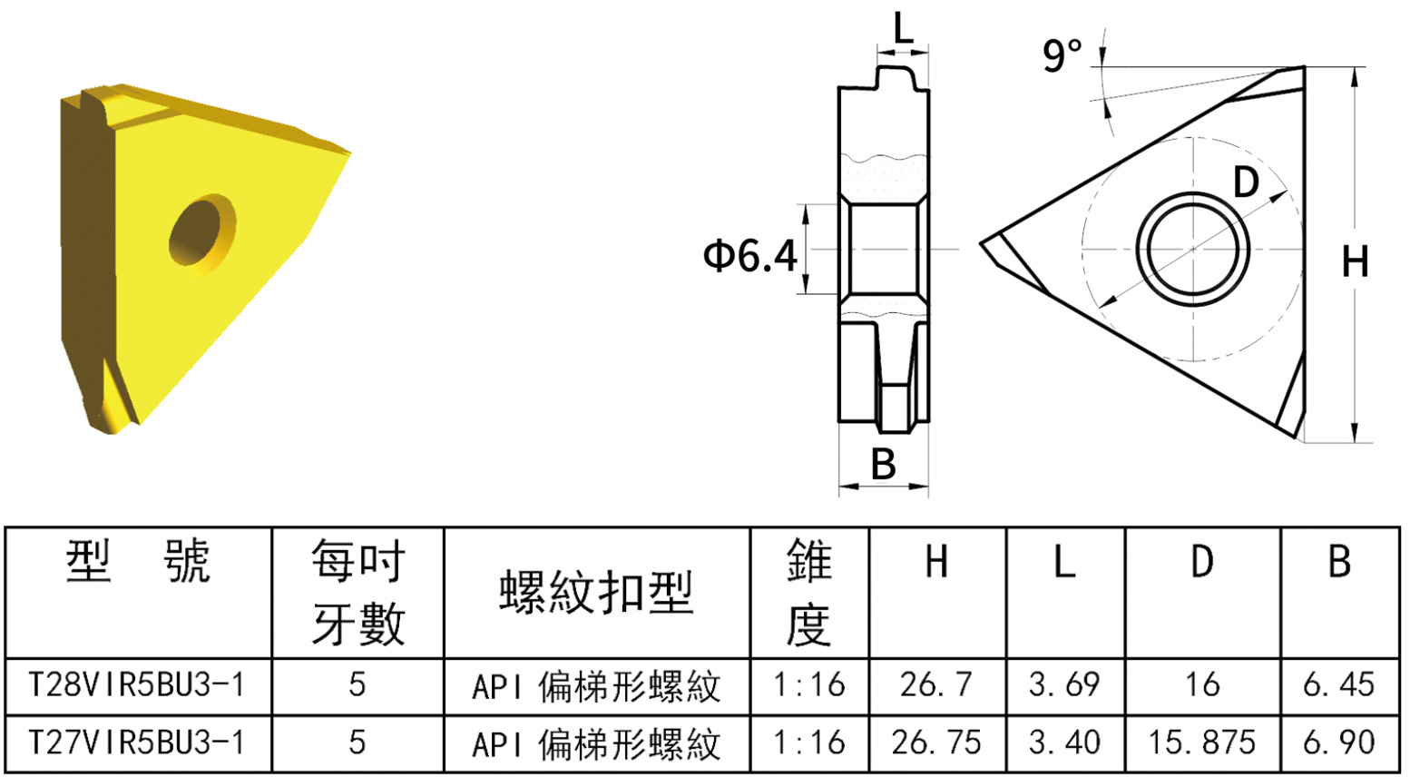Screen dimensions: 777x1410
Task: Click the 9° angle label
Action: (1062, 54)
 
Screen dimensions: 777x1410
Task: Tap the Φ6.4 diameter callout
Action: (750, 256)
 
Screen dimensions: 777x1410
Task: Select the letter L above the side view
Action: (903, 28)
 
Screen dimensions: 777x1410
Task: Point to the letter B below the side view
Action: (883, 464)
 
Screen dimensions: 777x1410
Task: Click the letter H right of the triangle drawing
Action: (1355, 262)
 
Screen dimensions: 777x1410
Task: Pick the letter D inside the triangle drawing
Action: (1246, 182)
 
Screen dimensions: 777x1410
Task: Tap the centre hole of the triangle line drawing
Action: (1192, 249)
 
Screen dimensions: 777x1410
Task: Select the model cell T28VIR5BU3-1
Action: (138, 684)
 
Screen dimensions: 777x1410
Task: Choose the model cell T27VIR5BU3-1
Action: (138, 743)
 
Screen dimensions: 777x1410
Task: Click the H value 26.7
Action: (936, 684)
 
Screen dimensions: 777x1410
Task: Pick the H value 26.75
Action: (936, 743)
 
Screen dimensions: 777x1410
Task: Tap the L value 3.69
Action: (1064, 684)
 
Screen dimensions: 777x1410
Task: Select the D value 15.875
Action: (1201, 743)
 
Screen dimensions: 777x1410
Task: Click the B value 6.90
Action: (1338, 743)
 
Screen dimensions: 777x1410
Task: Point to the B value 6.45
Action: (1338, 684)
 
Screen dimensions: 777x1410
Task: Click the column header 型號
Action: (138, 563)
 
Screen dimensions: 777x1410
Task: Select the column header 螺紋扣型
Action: (596, 593)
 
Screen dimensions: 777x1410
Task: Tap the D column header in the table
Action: (1201, 563)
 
